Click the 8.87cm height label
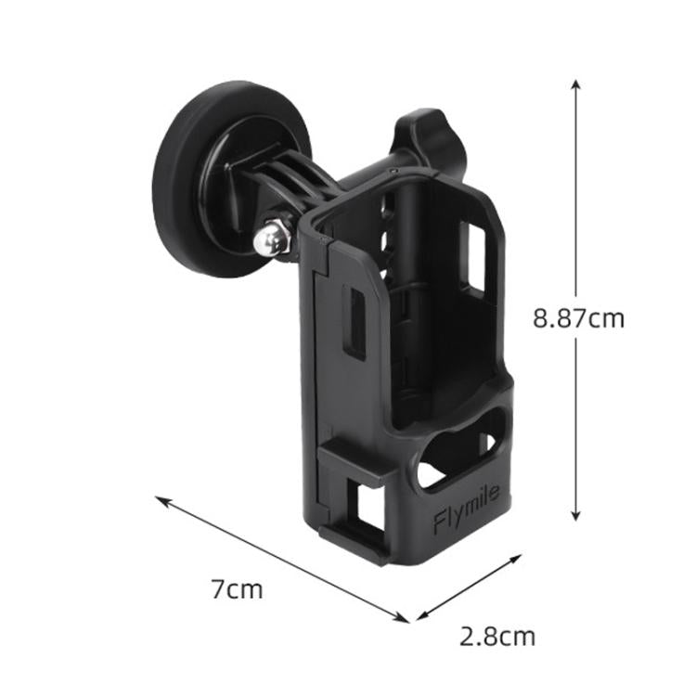tap(577, 318)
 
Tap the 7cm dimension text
tap(237, 588)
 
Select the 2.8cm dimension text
tap(497, 637)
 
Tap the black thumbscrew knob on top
tap(421, 134)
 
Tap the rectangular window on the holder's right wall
tap(475, 259)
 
